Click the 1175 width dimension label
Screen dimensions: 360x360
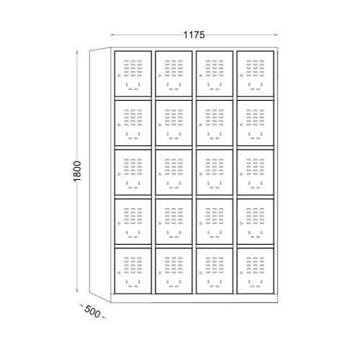pyautogui.click(x=194, y=35)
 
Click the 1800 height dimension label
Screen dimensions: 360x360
pyautogui.click(x=77, y=171)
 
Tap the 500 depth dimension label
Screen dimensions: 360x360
pyautogui.click(x=92, y=312)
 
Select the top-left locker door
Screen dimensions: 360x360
pyautogui.click(x=133, y=73)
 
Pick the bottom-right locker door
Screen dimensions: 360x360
pyautogui.click(x=256, y=271)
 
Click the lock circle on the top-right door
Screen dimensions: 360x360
pyautogui.click(x=241, y=76)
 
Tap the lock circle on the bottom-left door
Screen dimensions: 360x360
pyautogui.click(x=119, y=273)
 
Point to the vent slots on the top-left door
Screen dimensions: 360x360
pyautogui.click(x=133, y=68)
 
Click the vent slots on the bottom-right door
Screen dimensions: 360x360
pyautogui.click(x=256, y=266)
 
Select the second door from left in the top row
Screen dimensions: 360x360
pyautogui.click(x=174, y=73)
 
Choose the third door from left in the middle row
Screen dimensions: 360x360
pyautogui.click(x=215, y=172)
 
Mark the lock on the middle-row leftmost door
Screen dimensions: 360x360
pyautogui.click(x=119, y=174)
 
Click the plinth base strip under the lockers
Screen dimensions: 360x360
pyautogui.click(x=194, y=298)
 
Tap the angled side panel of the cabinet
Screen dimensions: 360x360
pyautogui.click(x=100, y=175)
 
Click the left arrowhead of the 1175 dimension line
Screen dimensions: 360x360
pyautogui.click(x=112, y=35)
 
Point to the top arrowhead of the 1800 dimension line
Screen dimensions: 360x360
pyautogui.click(x=77, y=52)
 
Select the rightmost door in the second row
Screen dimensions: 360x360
pyautogui.click(x=256, y=123)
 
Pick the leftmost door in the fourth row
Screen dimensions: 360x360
pyautogui.click(x=133, y=222)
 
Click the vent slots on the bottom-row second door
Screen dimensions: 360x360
pyautogui.click(x=174, y=266)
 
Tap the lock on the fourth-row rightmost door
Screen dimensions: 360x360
pyautogui.click(x=241, y=223)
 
